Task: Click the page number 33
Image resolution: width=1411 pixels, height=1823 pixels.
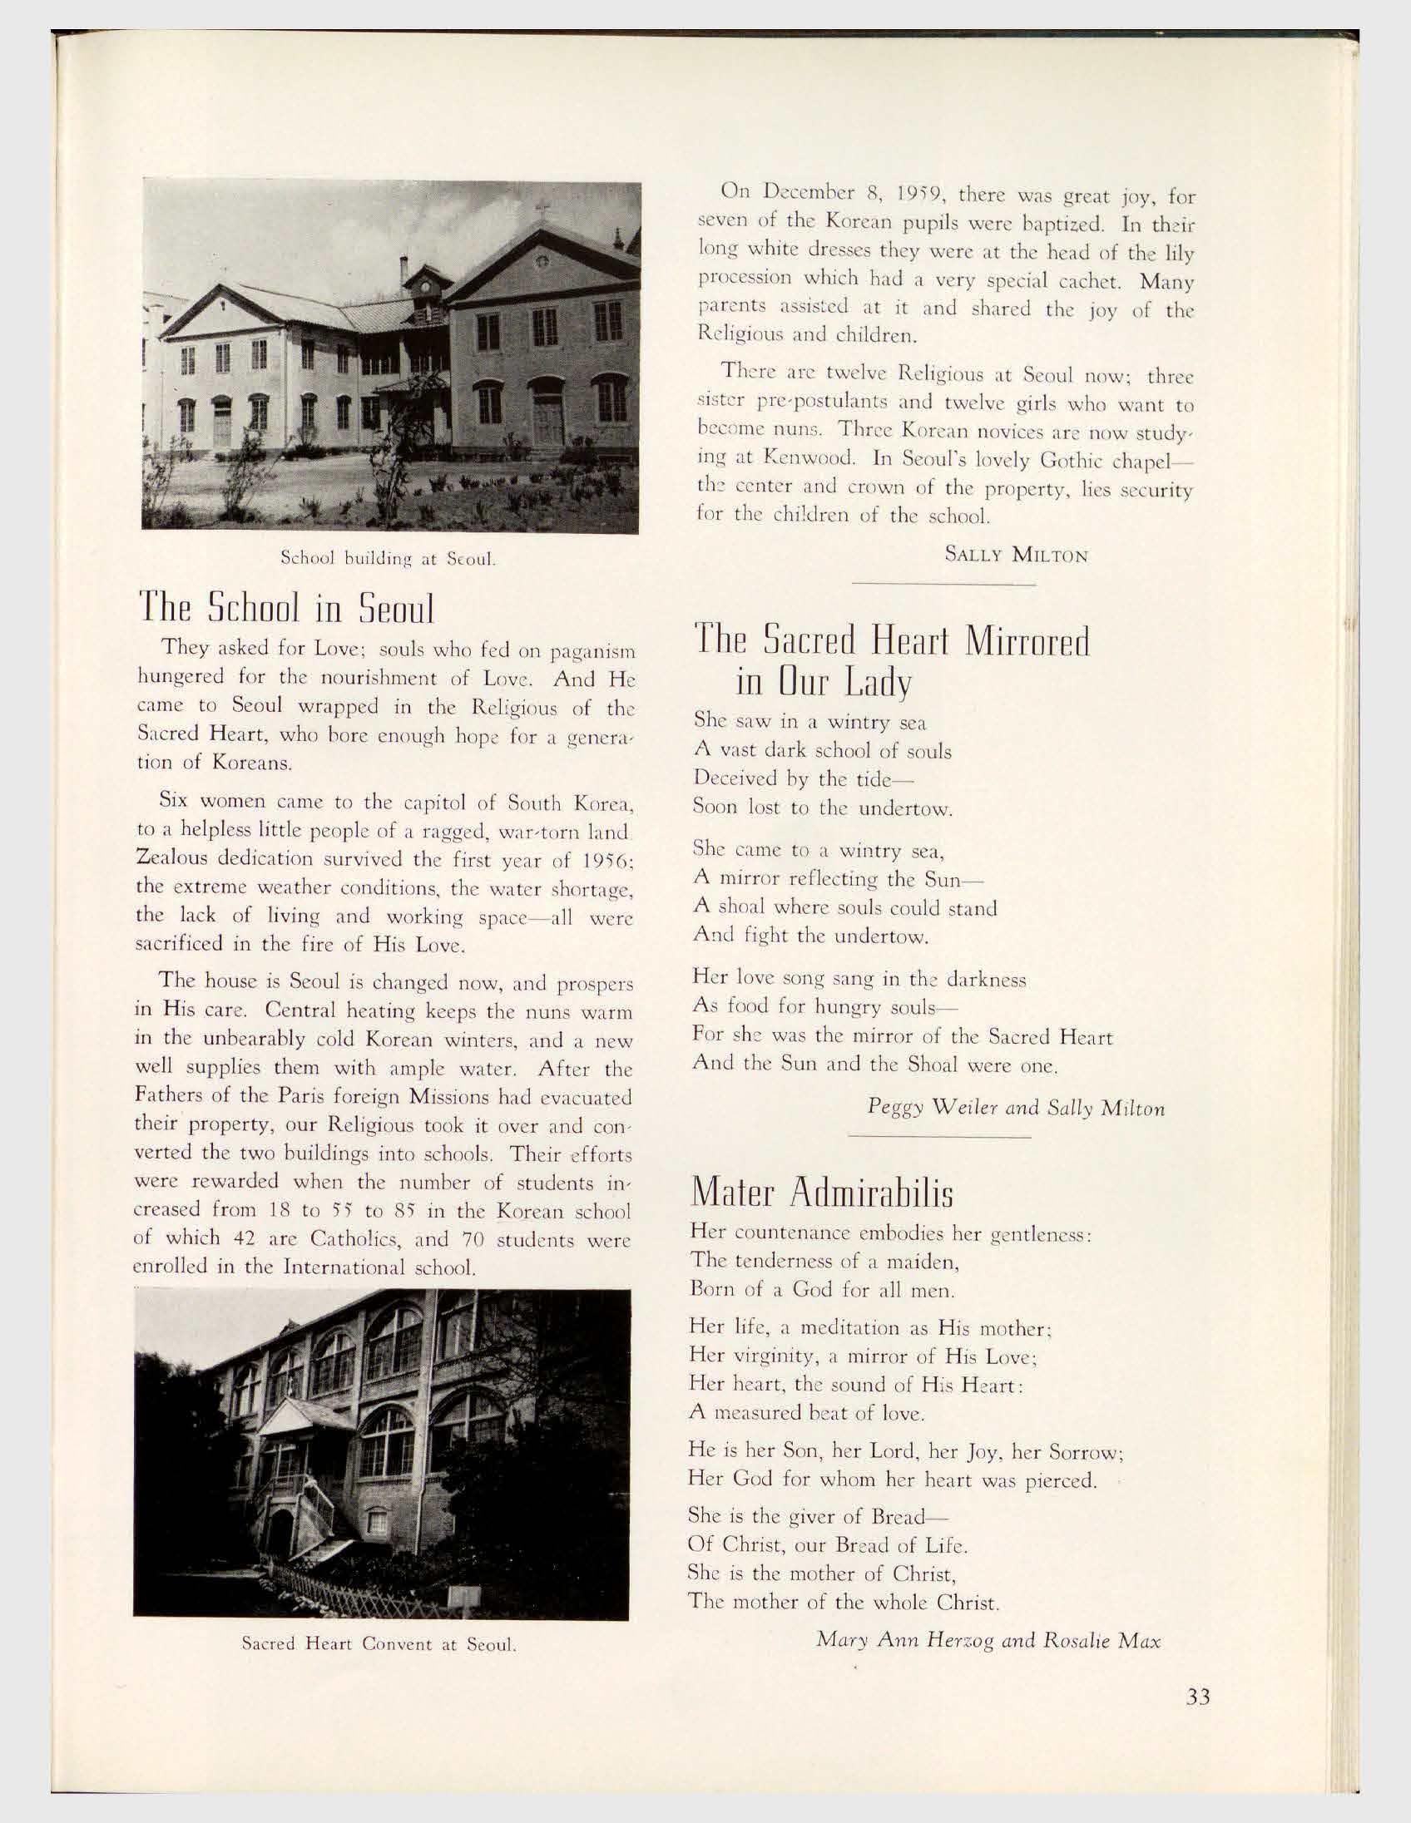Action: pyautogui.click(x=1197, y=1697)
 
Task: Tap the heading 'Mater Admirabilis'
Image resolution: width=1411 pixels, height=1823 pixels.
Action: pyautogui.click(x=821, y=1193)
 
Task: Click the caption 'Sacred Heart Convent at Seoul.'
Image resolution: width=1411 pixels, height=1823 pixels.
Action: pyautogui.click(x=380, y=1645)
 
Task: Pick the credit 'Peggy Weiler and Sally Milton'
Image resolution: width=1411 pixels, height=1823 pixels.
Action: pyautogui.click(x=1016, y=1108)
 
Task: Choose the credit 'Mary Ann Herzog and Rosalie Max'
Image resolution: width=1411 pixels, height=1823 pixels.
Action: pyautogui.click(x=988, y=1638)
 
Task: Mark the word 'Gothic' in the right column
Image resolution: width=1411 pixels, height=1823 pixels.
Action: pyautogui.click(x=1029, y=457)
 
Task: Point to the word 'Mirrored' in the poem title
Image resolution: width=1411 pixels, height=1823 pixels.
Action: pyautogui.click(x=1027, y=643)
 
